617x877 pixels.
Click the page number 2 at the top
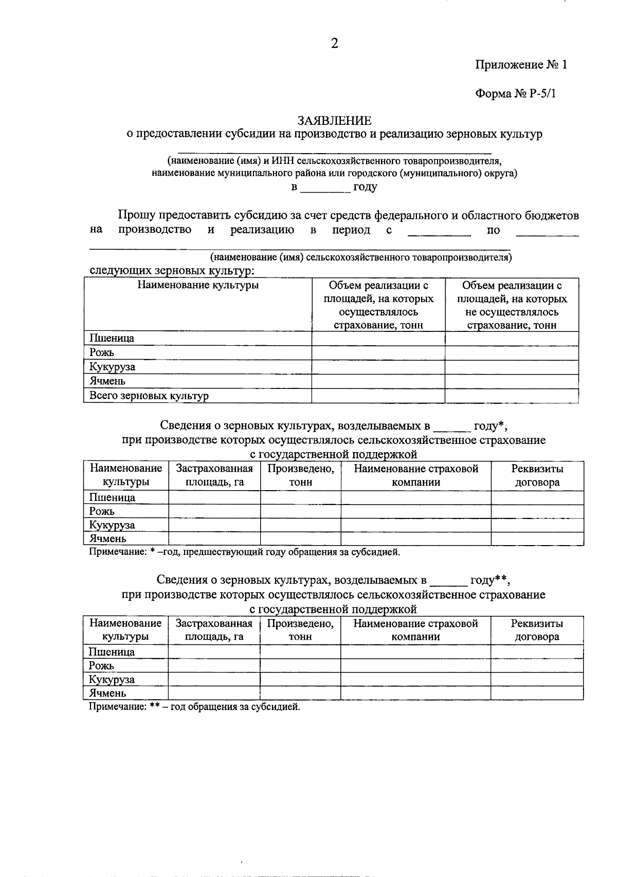pos(334,44)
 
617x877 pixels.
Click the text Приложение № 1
pos(520,65)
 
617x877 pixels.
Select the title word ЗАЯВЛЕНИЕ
pos(335,121)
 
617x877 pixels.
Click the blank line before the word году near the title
pos(325,189)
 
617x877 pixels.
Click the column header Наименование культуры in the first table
pos(198,286)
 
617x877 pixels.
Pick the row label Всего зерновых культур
pos(149,396)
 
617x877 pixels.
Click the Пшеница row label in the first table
pos(112,338)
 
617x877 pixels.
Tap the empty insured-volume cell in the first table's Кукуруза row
pos(378,367)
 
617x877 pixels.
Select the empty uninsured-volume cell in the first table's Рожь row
pos(512,352)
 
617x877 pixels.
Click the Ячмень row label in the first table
pos(107,381)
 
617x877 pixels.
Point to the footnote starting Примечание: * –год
pos(244,552)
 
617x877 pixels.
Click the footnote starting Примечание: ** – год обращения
pos(194,707)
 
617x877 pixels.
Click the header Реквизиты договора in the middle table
pos(537,475)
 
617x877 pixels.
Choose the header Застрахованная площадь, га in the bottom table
pos(214,630)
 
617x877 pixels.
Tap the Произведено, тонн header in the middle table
pos(301,475)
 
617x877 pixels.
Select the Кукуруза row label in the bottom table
pos(112,679)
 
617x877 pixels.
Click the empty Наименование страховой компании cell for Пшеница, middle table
pos(415,497)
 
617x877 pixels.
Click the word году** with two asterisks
pos(489,580)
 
